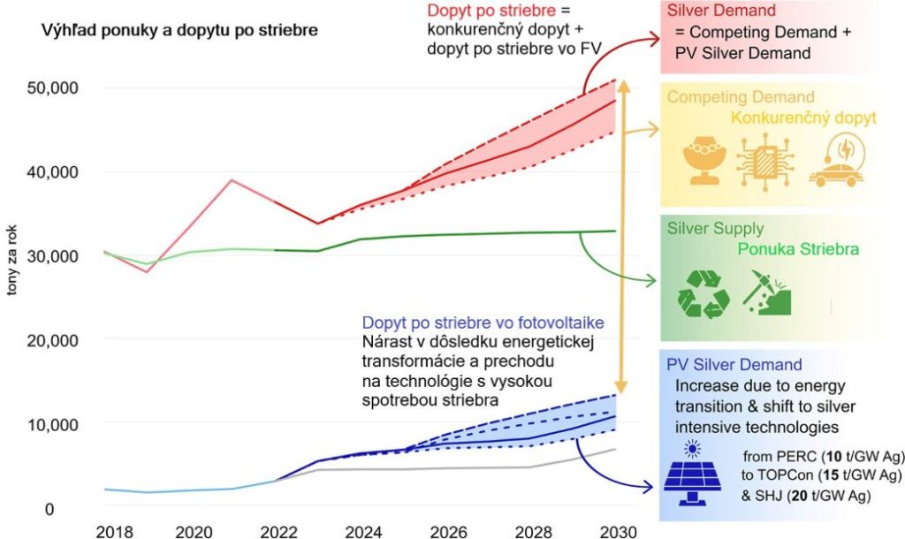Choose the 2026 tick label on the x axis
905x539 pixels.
coord(451,531)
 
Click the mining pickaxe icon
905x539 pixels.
coord(764,292)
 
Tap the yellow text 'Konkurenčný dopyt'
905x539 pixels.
coord(803,118)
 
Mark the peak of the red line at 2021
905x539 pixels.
coord(231,180)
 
